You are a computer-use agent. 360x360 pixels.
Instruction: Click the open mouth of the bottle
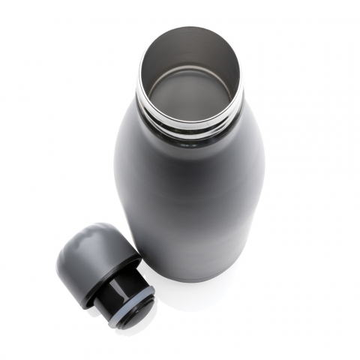pyautogui.click(x=190, y=75)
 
